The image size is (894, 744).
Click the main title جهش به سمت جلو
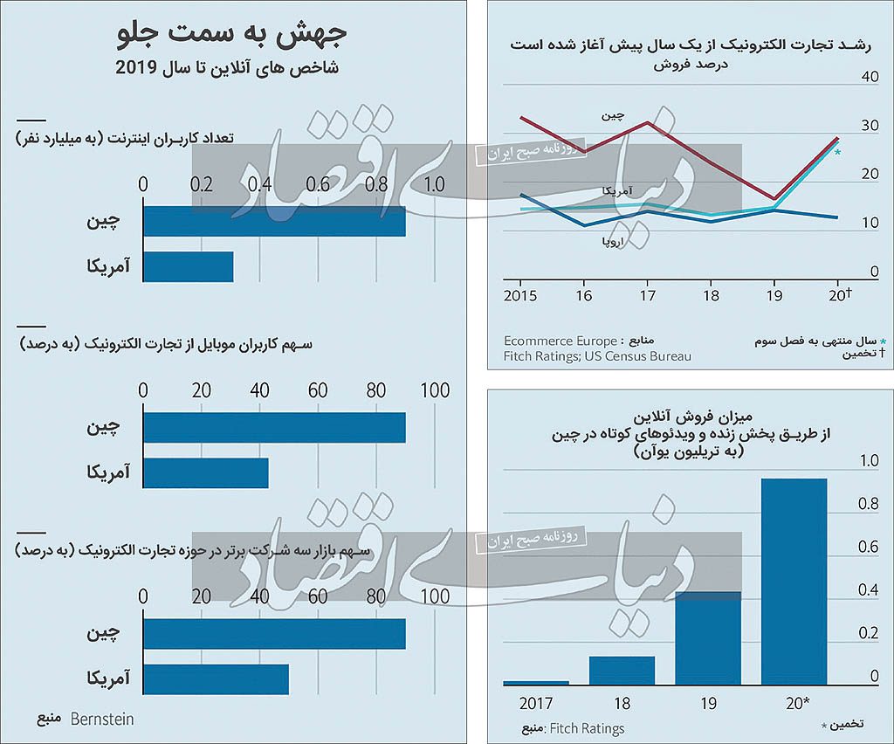[x=231, y=35]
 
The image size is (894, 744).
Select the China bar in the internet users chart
[x=274, y=221]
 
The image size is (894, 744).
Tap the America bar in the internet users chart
[x=188, y=267]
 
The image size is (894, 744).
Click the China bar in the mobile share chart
[x=274, y=427]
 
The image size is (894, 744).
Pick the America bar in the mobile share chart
[x=205, y=473]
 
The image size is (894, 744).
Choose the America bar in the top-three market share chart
[x=216, y=679]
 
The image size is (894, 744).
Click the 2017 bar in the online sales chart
[x=536, y=683]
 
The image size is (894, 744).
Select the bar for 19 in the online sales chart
[x=708, y=638]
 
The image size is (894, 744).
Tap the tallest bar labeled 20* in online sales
[x=794, y=582]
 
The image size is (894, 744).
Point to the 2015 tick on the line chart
[x=520, y=295]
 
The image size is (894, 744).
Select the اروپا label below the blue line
[x=609, y=240]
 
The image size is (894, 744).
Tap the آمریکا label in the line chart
[x=617, y=190]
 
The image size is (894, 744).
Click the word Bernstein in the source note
[x=101, y=720]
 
